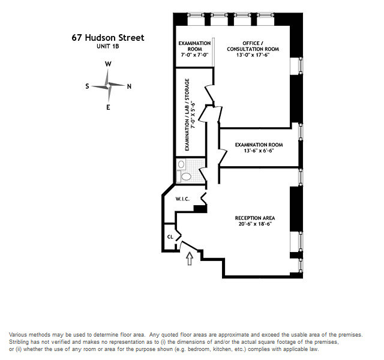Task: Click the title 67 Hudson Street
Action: point(107,38)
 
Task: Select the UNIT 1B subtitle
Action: point(107,46)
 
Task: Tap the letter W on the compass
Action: point(108,64)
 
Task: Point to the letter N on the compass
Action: point(129,86)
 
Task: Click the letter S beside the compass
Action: point(88,86)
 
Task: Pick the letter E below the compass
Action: point(108,107)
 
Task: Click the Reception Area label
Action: point(255,217)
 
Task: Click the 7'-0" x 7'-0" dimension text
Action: point(194,55)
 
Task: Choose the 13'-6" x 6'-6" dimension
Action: point(259,151)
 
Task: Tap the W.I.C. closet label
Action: point(182,199)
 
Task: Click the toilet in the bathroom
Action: point(187,176)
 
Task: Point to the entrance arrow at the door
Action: point(190,259)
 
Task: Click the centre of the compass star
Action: point(108,86)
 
